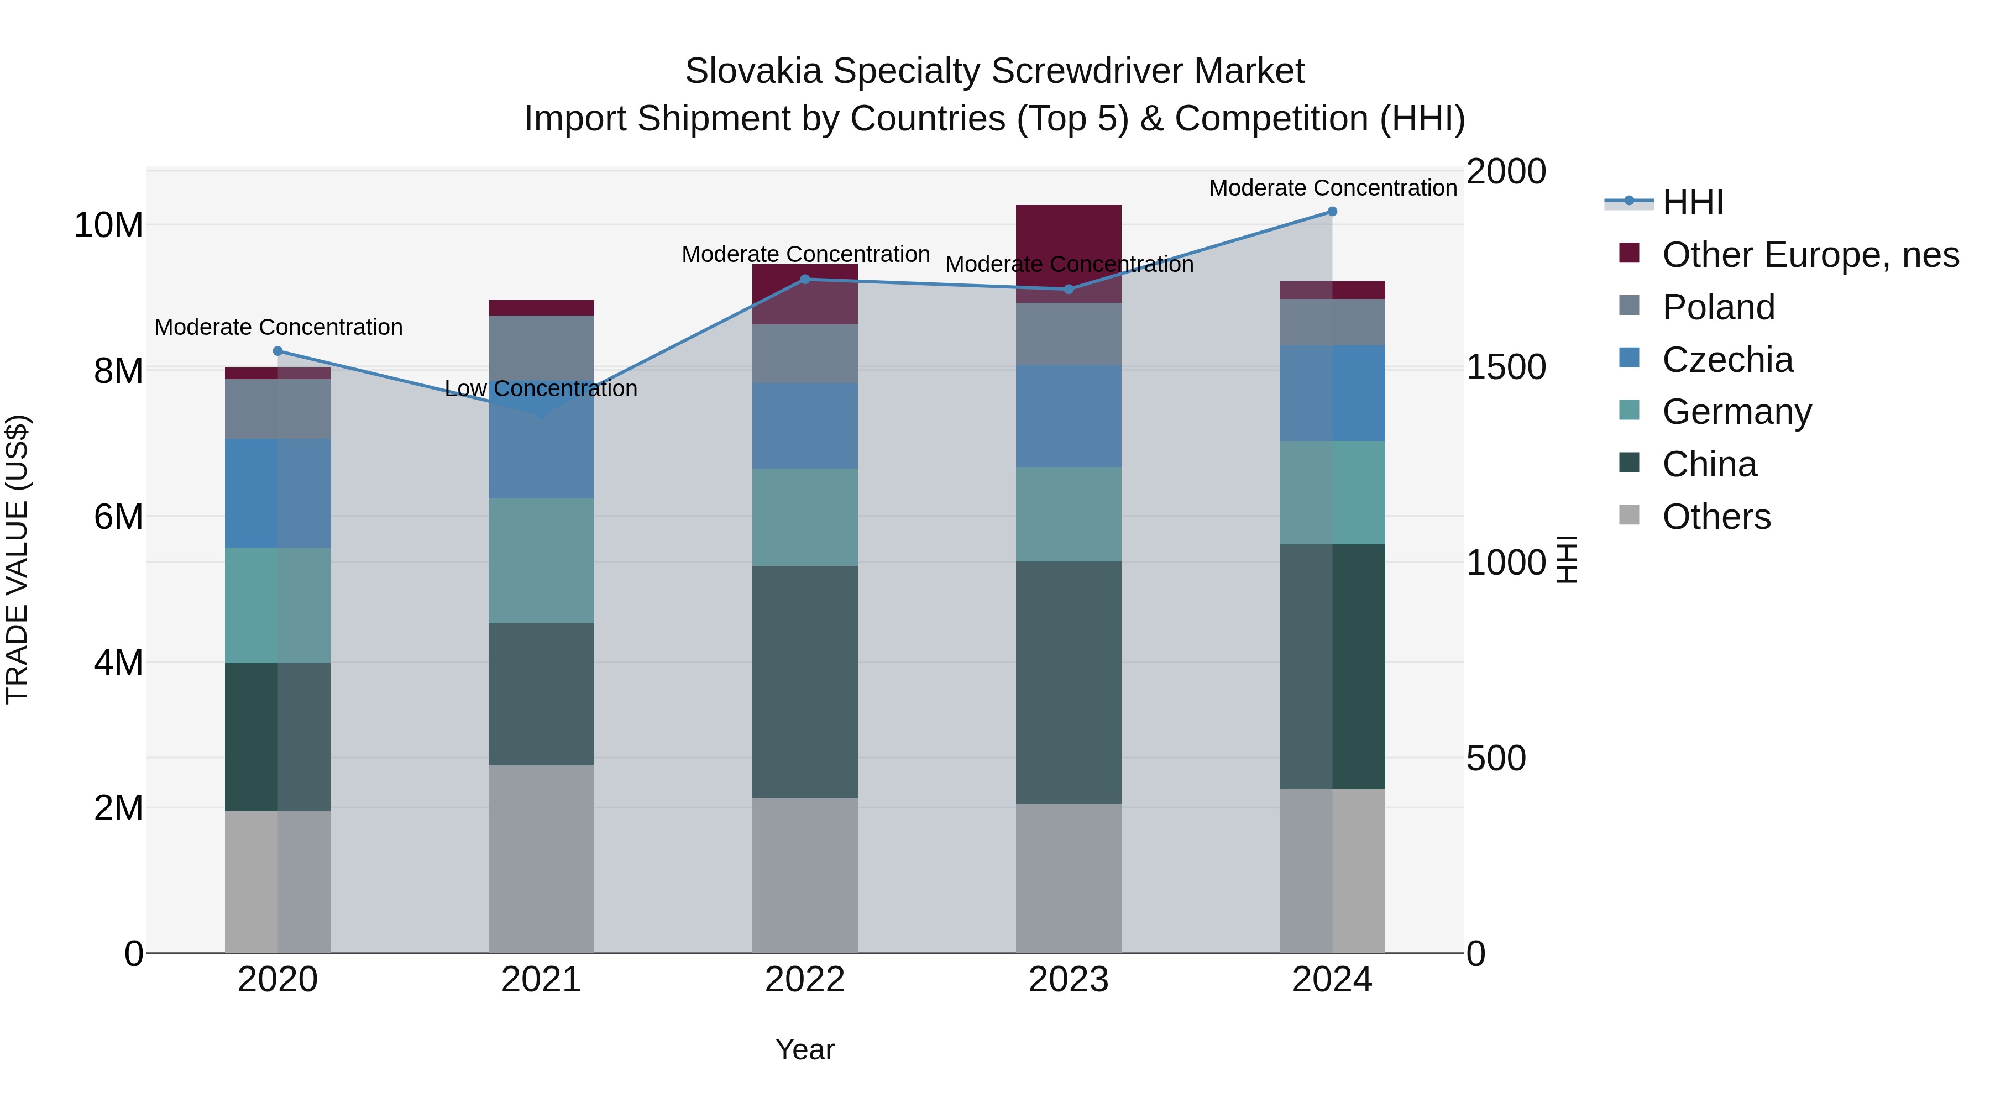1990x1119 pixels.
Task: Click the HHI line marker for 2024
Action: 1332,212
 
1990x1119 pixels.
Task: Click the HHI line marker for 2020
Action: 278,351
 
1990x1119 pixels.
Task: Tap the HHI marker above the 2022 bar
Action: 805,280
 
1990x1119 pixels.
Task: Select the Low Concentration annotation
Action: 541,388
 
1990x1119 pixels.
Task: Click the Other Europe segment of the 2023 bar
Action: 1069,232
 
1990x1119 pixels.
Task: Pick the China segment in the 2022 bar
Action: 805,682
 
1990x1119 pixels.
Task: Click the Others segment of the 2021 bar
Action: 541,859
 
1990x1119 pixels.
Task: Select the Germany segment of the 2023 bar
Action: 1069,514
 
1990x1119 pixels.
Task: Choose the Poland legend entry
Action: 1718,307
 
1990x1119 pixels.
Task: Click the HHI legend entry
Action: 1692,202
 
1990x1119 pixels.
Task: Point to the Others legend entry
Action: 1716,517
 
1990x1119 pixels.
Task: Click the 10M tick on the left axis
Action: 108,225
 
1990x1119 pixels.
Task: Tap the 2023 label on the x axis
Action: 1069,980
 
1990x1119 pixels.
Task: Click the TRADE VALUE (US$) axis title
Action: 17,559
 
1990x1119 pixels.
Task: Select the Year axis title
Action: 805,1049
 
